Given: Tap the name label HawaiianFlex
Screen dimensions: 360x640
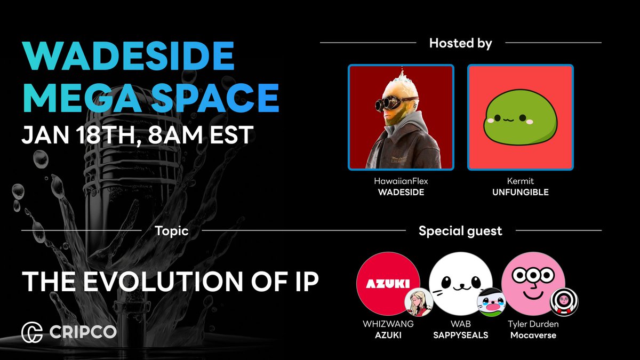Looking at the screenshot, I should tap(401, 181).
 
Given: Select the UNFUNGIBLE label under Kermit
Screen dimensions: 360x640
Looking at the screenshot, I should tap(520, 192).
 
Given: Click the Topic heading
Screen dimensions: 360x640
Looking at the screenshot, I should tap(171, 231).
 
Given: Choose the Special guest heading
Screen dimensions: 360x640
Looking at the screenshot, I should tap(460, 231).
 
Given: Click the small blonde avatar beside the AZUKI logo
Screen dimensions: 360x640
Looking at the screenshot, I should tap(418, 302).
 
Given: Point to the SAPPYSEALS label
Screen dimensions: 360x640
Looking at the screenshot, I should tap(461, 335).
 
